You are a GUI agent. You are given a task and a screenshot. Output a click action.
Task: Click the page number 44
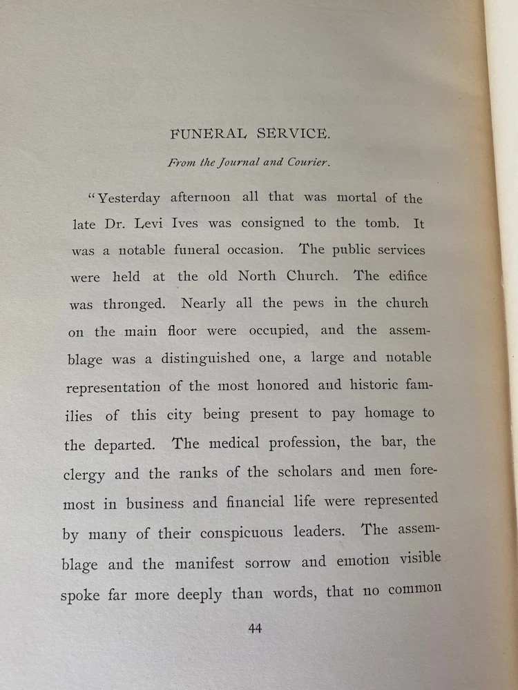(x=254, y=628)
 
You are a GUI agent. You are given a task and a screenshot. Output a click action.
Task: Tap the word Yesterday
(x=129, y=199)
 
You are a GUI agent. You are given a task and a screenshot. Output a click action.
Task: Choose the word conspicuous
(x=242, y=533)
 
